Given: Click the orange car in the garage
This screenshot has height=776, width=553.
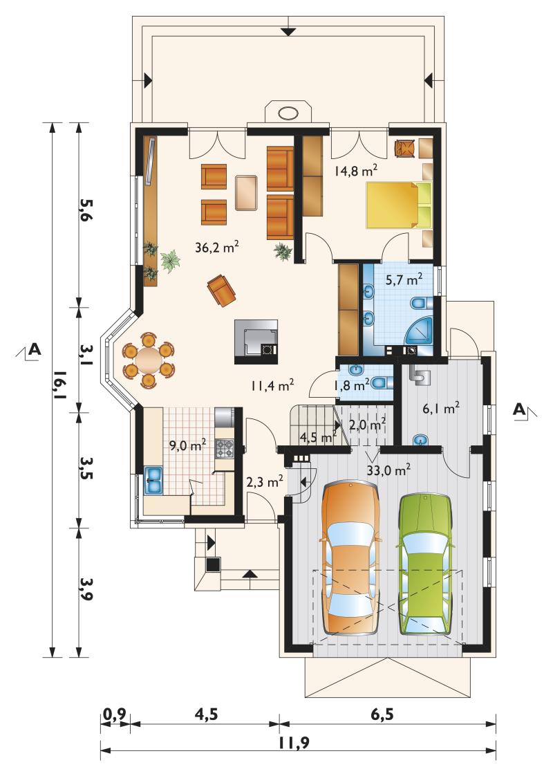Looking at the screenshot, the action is click(x=350, y=557).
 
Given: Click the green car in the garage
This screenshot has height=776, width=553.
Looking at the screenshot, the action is click(x=425, y=564).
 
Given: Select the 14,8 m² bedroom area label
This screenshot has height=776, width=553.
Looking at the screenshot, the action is click(x=355, y=172).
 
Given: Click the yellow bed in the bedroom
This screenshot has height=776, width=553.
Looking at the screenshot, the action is click(x=399, y=205).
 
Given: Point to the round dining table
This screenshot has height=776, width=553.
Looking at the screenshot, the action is click(x=149, y=360).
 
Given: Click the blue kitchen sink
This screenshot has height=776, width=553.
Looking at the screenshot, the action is click(x=153, y=479).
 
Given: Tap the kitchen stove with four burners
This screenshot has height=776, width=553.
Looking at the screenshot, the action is click(x=223, y=449).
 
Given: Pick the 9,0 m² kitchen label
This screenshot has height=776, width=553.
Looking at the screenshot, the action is click(x=188, y=446).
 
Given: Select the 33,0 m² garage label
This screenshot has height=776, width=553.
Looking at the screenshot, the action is click(x=388, y=470).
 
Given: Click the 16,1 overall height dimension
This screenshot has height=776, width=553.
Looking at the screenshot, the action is click(x=59, y=390).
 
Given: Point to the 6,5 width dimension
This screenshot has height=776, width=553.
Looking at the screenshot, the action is click(x=382, y=714).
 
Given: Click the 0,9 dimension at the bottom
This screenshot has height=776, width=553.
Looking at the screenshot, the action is click(x=115, y=714).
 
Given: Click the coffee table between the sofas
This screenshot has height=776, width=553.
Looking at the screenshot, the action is click(x=247, y=192).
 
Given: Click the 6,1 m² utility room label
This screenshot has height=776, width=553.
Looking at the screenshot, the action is click(x=442, y=408).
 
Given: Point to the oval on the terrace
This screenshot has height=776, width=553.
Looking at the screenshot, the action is click(x=288, y=113).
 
